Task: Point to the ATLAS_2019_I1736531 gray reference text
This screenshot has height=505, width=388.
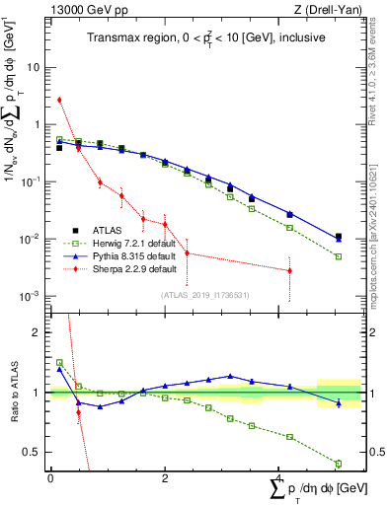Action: pyautogui.click(x=203, y=294)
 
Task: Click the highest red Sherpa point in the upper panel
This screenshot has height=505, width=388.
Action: pyautogui.click(x=59, y=100)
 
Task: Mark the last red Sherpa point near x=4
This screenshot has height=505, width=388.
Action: pyautogui.click(x=289, y=270)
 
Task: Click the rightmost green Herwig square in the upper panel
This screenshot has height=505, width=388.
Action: pyautogui.click(x=339, y=256)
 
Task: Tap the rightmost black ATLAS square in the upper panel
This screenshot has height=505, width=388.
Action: pyautogui.click(x=339, y=237)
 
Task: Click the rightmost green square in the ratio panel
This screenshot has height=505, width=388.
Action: pyautogui.click(x=339, y=464)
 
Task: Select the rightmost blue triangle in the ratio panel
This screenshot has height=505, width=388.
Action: pyautogui.click(x=339, y=402)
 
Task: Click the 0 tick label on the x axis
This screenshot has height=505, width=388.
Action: pyautogui.click(x=50, y=478)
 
